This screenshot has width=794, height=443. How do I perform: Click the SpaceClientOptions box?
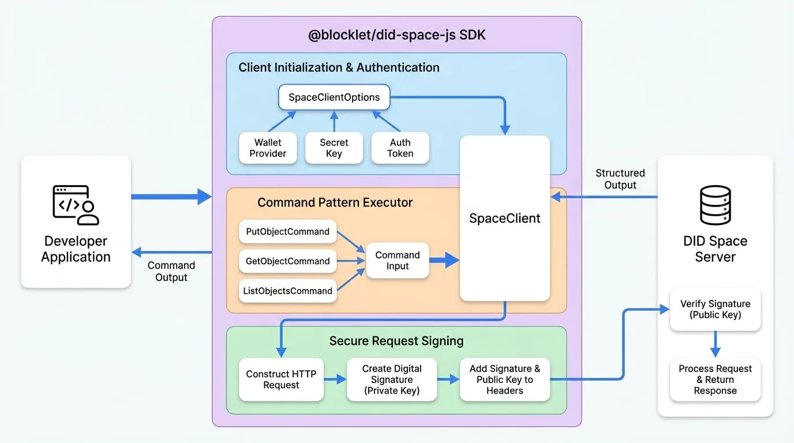pos(334,97)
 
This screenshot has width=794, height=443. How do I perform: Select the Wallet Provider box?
pos(268,148)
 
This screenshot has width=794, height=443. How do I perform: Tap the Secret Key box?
pos(334,148)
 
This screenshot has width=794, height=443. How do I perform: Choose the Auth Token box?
pos(400,148)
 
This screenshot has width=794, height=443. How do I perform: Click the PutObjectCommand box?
pos(287,231)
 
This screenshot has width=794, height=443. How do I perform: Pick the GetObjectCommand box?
pos(287,261)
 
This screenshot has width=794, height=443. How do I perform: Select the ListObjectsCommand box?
pos(287,291)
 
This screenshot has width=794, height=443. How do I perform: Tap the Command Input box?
pos(398,261)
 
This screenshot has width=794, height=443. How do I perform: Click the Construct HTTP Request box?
pos(281,380)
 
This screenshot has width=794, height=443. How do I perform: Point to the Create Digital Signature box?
pos(392,380)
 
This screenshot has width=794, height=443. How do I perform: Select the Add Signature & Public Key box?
pos(505,380)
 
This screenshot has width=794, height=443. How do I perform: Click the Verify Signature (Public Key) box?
pos(716,309)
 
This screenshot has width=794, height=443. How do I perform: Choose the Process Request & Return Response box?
pos(716,380)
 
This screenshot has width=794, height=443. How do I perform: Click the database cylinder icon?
pos(716,205)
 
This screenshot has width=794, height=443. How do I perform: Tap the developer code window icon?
pos(76,205)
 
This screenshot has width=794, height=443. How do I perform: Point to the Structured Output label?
pos(620,179)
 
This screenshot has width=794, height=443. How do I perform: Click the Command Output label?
pos(171,271)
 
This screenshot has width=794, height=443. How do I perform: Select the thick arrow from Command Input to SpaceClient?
pos(444,261)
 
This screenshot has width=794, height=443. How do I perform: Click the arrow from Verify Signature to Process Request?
pos(716,344)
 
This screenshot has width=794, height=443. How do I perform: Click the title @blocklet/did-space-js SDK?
pos(396,35)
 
